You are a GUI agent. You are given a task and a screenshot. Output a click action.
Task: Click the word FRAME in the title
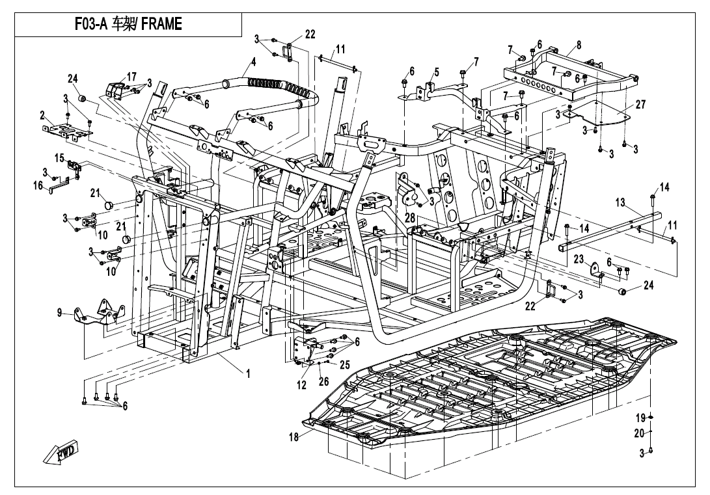tap(159, 25)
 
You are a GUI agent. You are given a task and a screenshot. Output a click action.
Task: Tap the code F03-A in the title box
tap(94, 25)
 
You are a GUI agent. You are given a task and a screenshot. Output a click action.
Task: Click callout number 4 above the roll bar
tap(253, 62)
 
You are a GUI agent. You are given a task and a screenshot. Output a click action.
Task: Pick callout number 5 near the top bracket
tap(436, 72)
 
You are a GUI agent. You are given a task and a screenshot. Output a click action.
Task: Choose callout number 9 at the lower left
tap(59, 314)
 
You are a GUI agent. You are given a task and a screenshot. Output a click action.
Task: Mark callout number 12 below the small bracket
tap(301, 385)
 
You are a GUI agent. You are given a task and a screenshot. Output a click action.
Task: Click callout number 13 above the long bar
tap(620, 203)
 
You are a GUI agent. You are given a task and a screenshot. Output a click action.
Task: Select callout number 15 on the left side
tap(59, 158)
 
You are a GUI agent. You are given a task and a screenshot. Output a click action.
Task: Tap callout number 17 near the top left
tap(131, 77)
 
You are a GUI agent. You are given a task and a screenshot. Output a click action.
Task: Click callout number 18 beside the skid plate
tap(294, 437)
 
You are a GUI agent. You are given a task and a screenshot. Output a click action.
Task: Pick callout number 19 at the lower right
tap(640, 417)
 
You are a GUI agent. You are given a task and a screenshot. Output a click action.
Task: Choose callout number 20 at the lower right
tap(639, 433)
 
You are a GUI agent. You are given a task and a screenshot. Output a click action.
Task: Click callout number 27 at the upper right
tap(640, 104)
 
